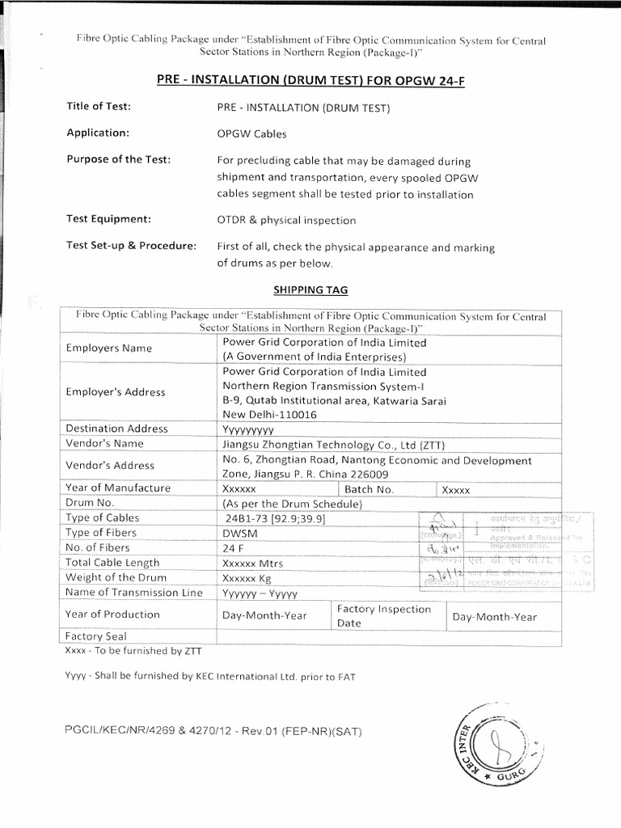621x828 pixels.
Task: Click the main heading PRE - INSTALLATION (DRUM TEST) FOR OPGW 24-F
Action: pyautogui.click(x=310, y=81)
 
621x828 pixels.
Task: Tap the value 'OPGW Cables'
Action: pyautogui.click(x=252, y=134)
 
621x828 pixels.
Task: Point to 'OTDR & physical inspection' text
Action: pyautogui.click(x=286, y=220)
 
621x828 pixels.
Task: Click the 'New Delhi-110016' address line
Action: pyautogui.click(x=270, y=414)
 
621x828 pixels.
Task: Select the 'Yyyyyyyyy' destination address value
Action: pyautogui.click(x=249, y=429)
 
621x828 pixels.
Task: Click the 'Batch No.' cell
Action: pyautogui.click(x=369, y=489)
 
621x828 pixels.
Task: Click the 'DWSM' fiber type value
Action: pyautogui.click(x=240, y=533)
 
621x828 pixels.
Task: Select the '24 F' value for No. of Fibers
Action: pyautogui.click(x=234, y=547)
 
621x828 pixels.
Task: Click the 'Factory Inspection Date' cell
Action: pyautogui.click(x=384, y=616)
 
